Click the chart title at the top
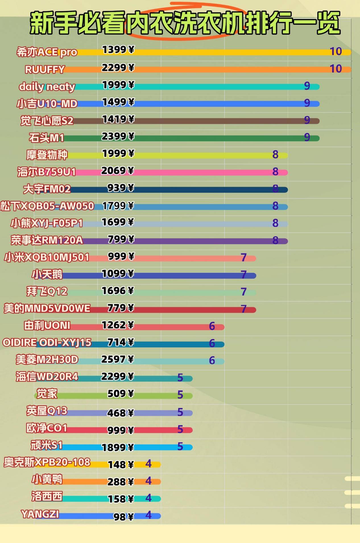pyautogui.click(x=185, y=23)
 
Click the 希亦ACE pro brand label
pyautogui.click(x=47, y=52)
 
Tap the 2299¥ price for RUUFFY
pyautogui.click(x=118, y=68)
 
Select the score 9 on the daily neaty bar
pyautogui.click(x=307, y=86)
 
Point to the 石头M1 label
pyautogui.click(x=46, y=138)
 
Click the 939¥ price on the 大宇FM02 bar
pyautogui.click(x=120, y=188)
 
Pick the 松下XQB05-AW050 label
pyautogui.click(x=47, y=206)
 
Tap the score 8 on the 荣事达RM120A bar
pyautogui.click(x=275, y=240)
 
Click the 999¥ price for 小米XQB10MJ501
pyautogui.click(x=121, y=257)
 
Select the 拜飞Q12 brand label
pyautogui.click(x=47, y=291)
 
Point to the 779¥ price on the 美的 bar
pyautogui.click(x=120, y=308)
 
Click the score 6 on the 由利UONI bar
pyautogui.click(x=212, y=326)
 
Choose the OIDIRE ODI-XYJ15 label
pyautogui.click(x=47, y=342)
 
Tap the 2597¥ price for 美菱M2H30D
pyautogui.click(x=117, y=360)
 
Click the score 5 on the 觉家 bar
pyautogui.click(x=180, y=395)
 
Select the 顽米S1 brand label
pyautogui.click(x=46, y=445)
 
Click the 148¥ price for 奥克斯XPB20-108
pyautogui.click(x=121, y=465)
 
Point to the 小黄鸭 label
pyautogui.click(x=47, y=480)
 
